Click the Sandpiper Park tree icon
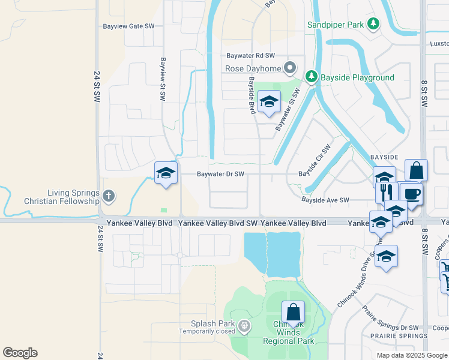coord(374,25)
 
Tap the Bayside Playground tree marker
coord(311,77)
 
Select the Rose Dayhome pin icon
coord(291,68)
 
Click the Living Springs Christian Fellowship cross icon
coord(108,196)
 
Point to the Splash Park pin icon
coord(244,326)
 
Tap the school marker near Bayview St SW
coord(166,173)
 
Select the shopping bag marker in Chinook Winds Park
coord(293,313)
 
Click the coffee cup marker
coord(411,194)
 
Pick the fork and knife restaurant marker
coord(387,192)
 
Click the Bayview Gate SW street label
coord(128,26)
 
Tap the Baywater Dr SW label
coord(221,175)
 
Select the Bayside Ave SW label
coord(325,200)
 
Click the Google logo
coord(20,353)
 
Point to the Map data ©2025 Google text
coord(412,355)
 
